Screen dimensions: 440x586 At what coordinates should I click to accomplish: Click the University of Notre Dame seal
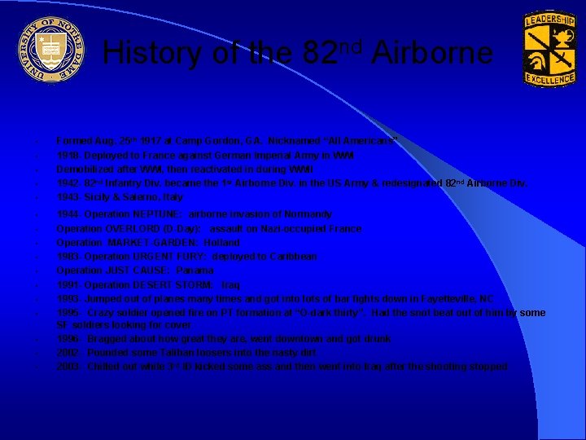pos(50,51)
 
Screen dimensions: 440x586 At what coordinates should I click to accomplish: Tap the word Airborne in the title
pos(431,54)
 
